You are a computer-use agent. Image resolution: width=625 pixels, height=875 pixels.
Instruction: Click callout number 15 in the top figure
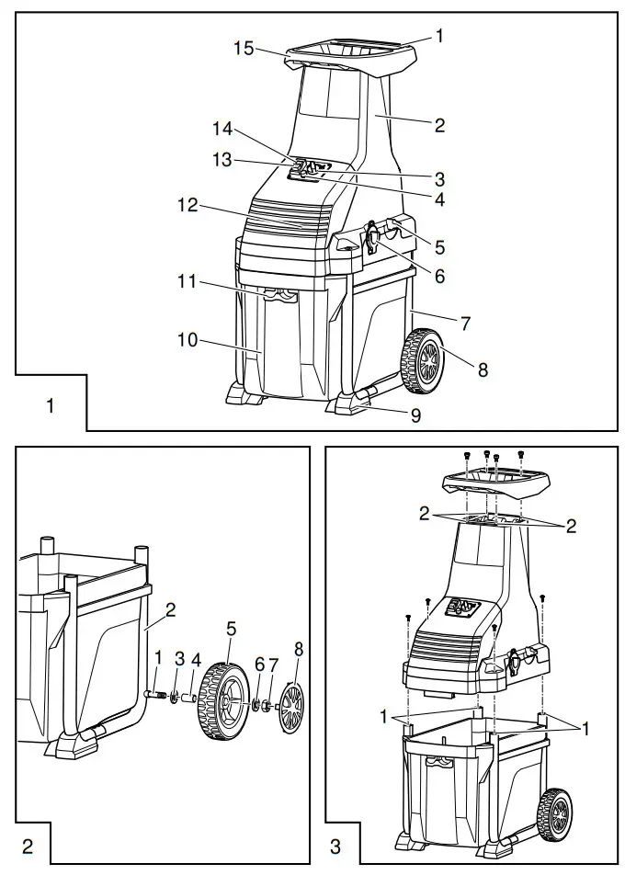(x=243, y=48)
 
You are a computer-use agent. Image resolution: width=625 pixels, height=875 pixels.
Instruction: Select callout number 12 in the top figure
(x=187, y=207)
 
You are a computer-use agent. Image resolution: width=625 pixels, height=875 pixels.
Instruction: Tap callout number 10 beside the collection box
(x=187, y=341)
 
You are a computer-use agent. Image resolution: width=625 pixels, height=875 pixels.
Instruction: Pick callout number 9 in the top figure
(x=415, y=415)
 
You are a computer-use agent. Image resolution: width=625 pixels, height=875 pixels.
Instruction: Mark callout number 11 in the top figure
(x=187, y=282)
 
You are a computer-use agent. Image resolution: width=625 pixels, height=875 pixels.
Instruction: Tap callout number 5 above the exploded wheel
(x=232, y=629)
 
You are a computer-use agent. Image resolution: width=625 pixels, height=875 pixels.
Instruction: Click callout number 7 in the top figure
(x=465, y=324)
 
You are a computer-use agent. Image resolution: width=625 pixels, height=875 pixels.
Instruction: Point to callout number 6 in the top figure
(x=439, y=275)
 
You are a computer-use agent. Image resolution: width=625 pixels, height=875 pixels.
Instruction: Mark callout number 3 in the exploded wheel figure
(x=180, y=659)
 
